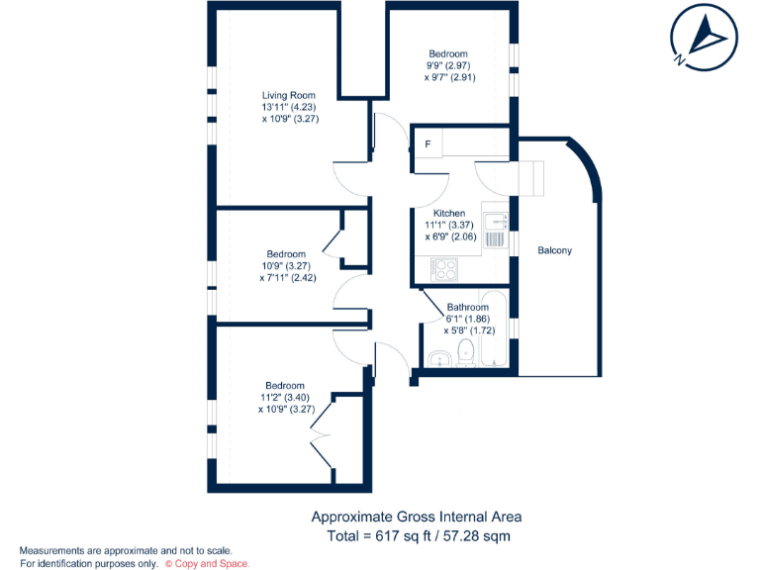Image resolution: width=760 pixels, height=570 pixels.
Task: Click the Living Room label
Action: pyautogui.click(x=289, y=95)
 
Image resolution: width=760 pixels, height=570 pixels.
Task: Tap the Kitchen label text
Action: pyautogui.click(x=448, y=214)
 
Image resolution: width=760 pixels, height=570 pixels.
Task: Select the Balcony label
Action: pyautogui.click(x=554, y=250)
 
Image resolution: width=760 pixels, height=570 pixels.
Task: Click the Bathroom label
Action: pyautogui.click(x=467, y=308)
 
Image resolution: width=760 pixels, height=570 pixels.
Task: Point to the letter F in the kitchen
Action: pyautogui.click(x=427, y=144)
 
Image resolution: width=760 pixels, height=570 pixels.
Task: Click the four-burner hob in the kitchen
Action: pyautogui.click(x=444, y=269)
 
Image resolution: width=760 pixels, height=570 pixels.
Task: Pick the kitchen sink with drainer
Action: pyautogui.click(x=495, y=227)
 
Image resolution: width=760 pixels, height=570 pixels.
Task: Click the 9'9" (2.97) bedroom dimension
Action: pyautogui.click(x=448, y=65)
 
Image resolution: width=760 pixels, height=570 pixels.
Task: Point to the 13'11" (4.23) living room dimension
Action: pyautogui.click(x=290, y=107)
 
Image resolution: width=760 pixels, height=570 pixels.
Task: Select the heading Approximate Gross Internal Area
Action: pyautogui.click(x=416, y=517)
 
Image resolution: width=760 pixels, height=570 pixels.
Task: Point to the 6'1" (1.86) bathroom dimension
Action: pyautogui.click(x=467, y=320)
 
